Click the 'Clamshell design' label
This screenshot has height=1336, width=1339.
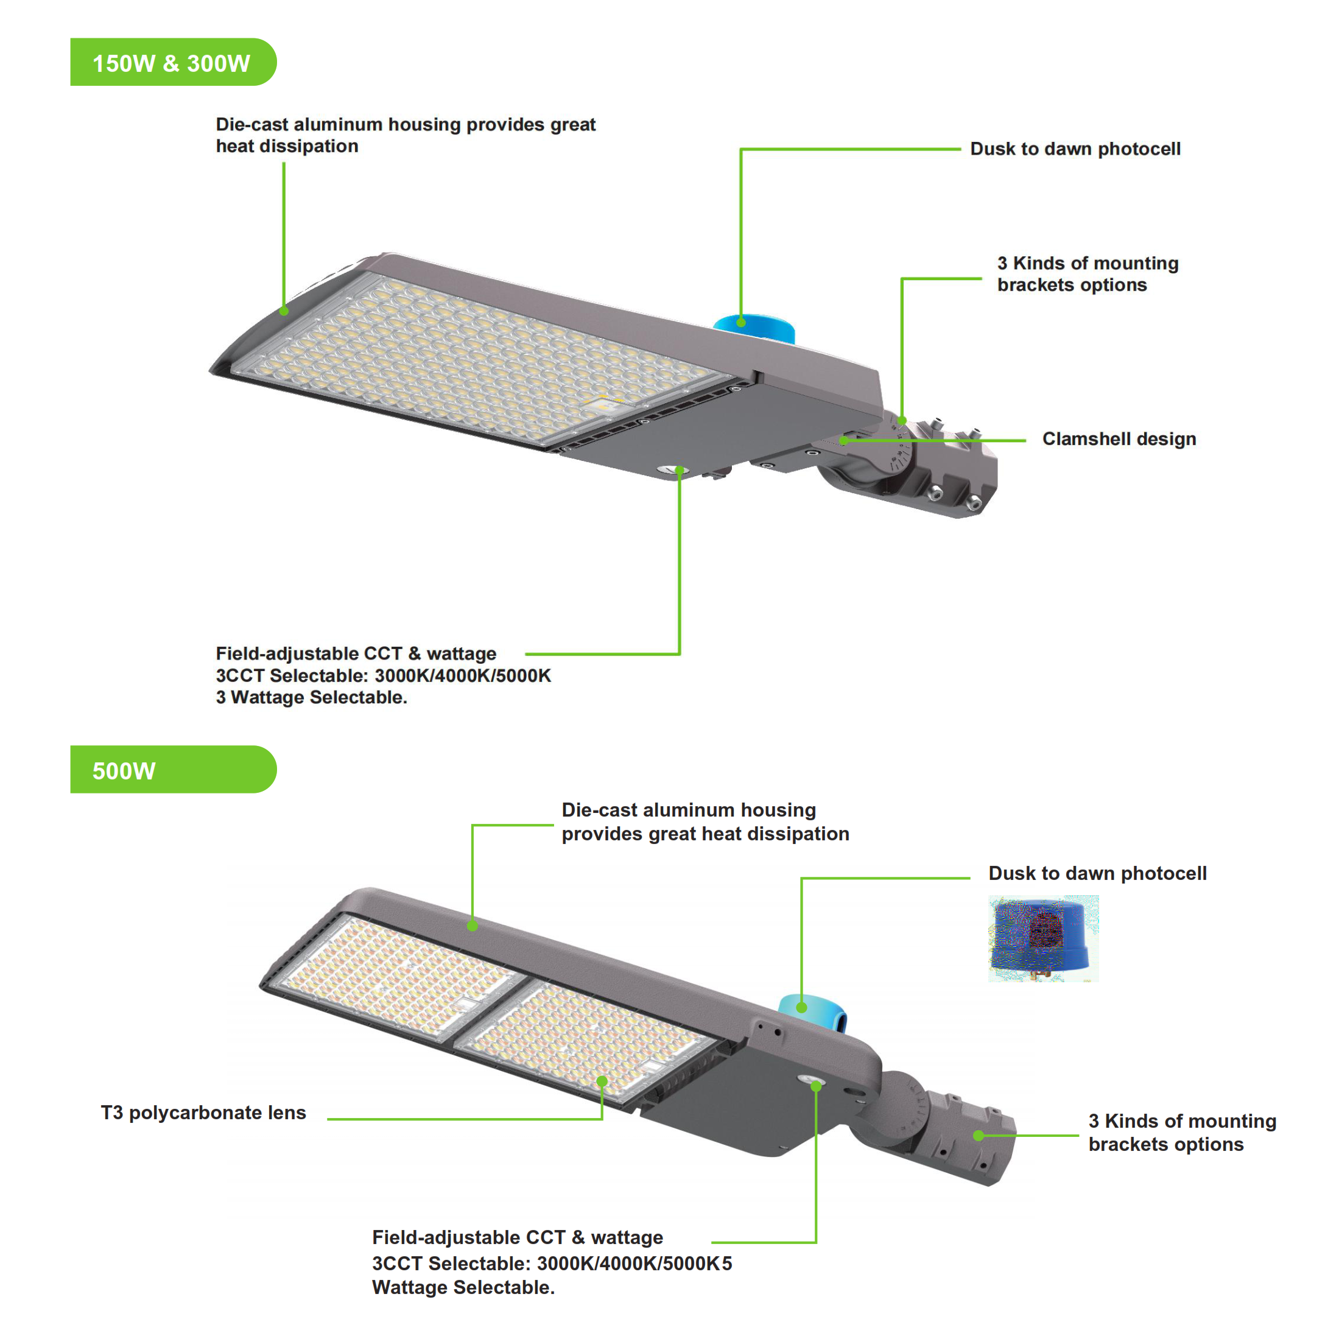(x=1119, y=439)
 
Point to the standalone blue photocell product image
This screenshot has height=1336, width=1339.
(x=1042, y=938)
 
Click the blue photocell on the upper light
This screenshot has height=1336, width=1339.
(x=754, y=327)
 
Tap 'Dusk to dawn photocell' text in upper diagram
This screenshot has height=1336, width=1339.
(x=1074, y=149)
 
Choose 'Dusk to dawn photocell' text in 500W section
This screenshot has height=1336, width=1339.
(x=1097, y=873)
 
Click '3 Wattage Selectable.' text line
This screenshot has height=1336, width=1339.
(x=311, y=697)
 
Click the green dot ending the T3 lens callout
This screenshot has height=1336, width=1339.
(x=602, y=1081)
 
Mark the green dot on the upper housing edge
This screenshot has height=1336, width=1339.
(x=284, y=311)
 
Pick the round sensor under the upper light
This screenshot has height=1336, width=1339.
(x=671, y=470)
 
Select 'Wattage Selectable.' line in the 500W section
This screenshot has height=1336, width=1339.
(x=463, y=1287)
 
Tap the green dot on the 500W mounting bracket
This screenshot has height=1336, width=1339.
(x=978, y=1135)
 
